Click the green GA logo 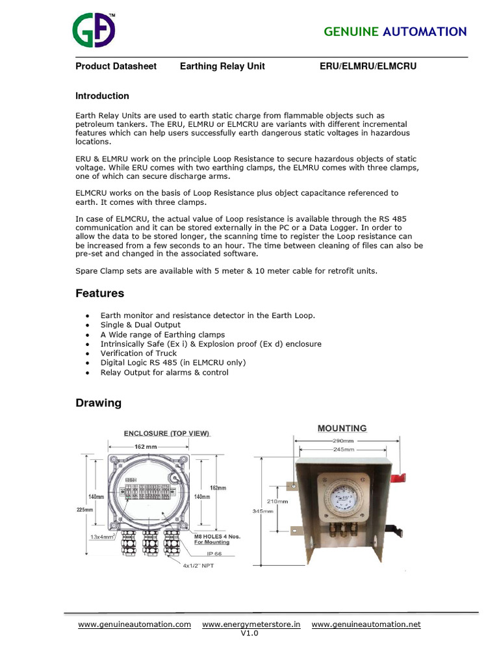94,31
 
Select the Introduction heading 102,96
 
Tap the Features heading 99,293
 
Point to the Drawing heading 98,403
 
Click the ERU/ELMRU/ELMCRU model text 368,66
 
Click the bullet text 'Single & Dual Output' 140,325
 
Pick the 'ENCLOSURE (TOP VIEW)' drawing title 166,433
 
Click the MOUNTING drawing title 342,428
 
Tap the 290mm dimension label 343,440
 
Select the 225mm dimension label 84,510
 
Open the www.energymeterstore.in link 251,624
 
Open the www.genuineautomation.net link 366,624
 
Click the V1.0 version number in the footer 249,633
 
